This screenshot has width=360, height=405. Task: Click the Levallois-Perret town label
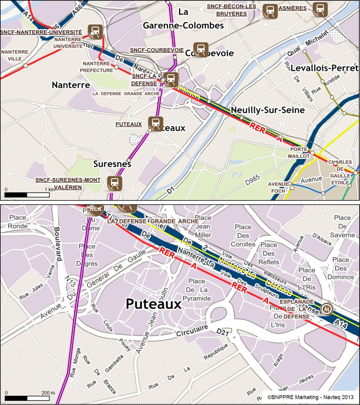(x=324, y=68)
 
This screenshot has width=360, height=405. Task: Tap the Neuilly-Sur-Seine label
(x=268, y=110)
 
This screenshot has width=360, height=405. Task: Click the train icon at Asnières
(x=320, y=10)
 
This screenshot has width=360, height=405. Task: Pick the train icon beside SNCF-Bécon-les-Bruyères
(x=270, y=11)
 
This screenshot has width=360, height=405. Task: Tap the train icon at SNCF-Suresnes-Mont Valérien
(x=114, y=183)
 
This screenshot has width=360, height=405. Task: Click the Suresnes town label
(x=112, y=164)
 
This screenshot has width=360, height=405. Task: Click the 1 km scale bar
(x=27, y=194)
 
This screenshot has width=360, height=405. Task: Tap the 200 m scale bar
(x=27, y=398)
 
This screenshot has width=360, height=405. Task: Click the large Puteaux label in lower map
(x=153, y=304)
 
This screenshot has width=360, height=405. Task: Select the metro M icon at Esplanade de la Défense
(x=327, y=309)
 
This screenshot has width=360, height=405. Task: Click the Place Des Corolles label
(x=243, y=235)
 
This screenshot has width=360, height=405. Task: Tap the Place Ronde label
(x=18, y=222)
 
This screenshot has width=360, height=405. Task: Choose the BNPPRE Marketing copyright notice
(x=310, y=397)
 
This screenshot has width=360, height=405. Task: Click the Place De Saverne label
(x=342, y=226)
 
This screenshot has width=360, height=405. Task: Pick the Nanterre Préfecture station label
(x=97, y=67)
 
